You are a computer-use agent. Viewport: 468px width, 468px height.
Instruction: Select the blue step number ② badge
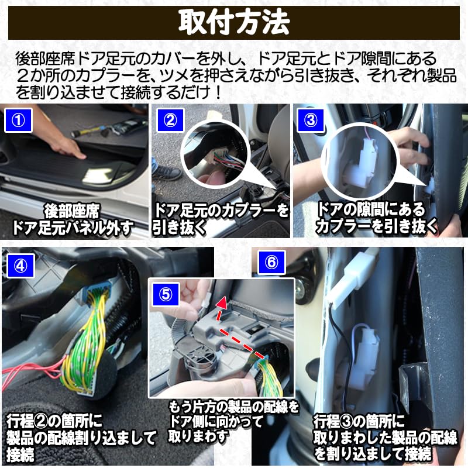click(170, 121)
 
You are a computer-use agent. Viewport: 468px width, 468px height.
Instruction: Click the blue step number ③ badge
click(310, 121)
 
